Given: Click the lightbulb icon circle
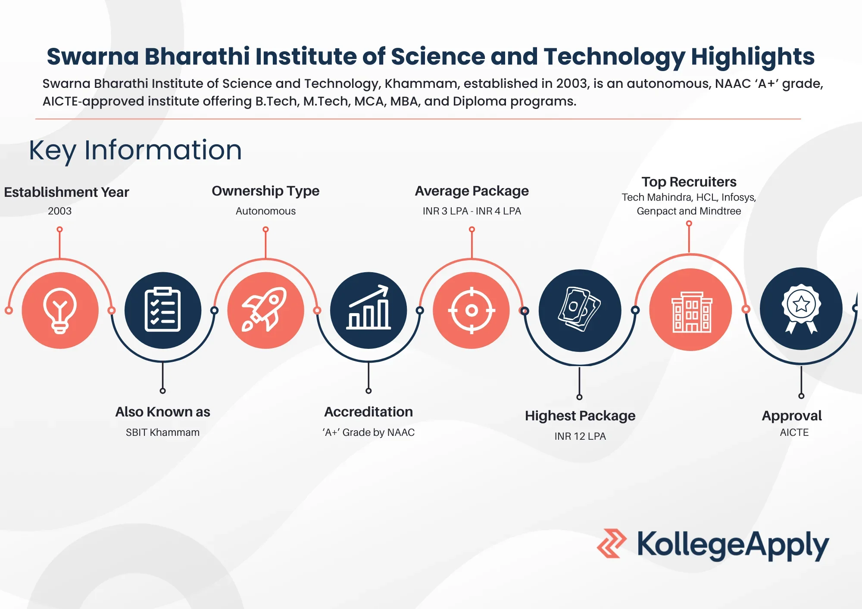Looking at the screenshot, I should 60,310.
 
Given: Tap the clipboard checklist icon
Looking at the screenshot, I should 162,310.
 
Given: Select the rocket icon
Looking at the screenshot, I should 265,310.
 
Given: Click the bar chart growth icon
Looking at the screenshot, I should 369,310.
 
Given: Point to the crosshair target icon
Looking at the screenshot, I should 472,310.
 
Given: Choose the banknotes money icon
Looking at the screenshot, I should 580,310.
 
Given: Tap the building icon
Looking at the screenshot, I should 690,310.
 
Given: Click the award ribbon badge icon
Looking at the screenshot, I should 801,309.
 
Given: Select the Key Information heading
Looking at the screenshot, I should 135,150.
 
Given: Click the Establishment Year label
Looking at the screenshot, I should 66,192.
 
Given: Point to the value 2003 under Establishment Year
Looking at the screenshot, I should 59,211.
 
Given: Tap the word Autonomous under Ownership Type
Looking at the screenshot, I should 265,211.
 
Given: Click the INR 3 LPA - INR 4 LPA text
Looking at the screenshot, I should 472,211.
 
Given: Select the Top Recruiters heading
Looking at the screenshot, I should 689,182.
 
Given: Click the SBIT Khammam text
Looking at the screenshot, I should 162,432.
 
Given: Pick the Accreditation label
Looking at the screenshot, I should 369,412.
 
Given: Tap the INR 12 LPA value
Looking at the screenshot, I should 580,436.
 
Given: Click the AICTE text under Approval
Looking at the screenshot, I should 794,432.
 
